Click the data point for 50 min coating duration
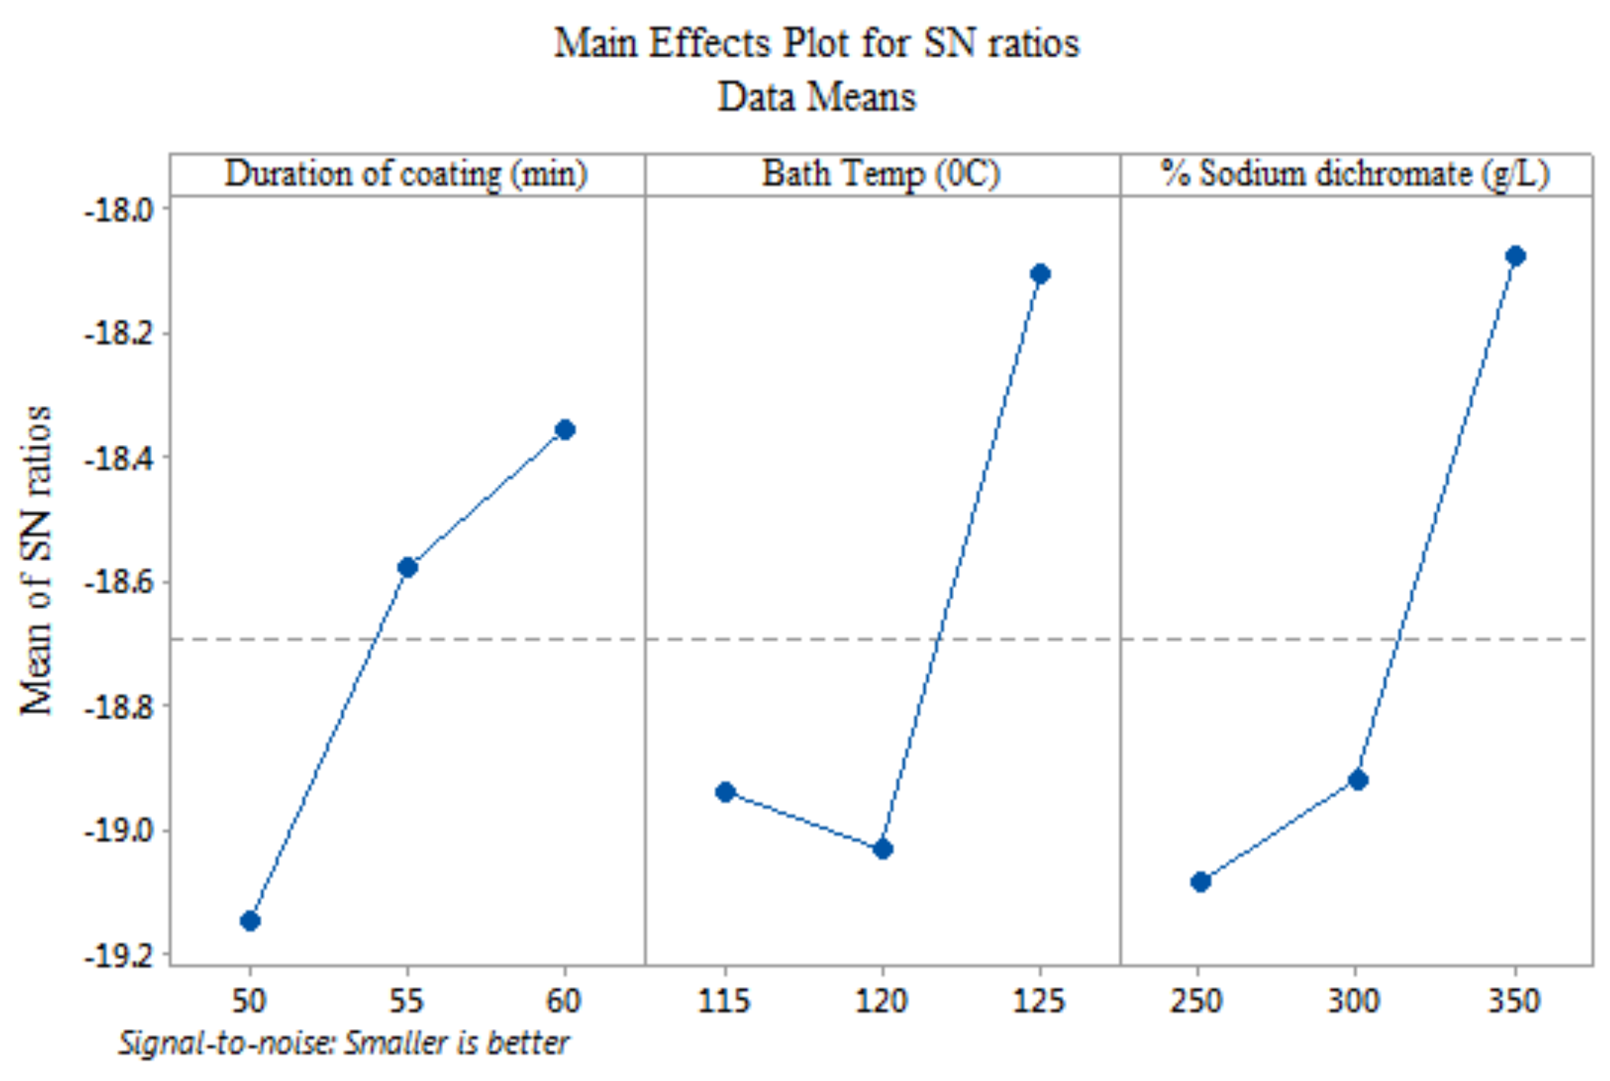coord(251,921)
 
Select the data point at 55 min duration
coord(408,567)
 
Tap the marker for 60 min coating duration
coord(565,430)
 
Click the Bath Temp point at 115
coord(726,792)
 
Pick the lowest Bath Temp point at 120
coord(883,849)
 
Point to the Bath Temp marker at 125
coord(1040,274)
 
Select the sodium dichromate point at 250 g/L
coord(1201,882)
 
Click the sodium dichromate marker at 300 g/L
coord(1358,780)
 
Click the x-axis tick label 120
coord(881,1001)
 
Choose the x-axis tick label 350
coord(1515,1001)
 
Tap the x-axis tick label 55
coord(406,1001)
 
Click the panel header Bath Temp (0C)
coord(881,174)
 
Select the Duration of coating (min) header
coord(406,174)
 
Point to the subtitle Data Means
coord(816,97)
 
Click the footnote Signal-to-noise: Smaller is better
coord(344,1043)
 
